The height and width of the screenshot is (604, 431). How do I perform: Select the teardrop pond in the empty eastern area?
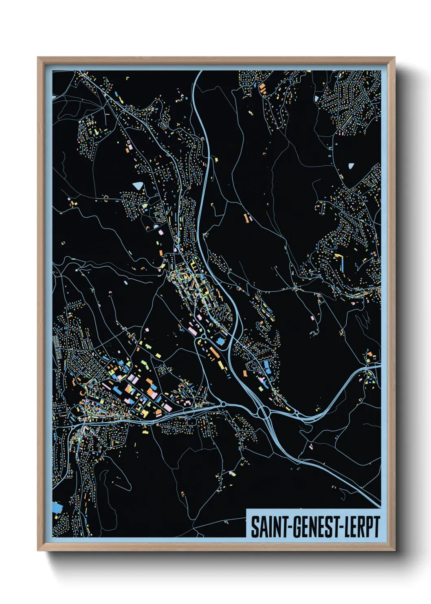351,166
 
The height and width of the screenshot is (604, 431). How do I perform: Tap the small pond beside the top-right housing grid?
316,98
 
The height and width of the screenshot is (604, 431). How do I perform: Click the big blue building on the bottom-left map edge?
57,508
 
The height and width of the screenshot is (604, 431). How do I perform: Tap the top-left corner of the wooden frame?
38,58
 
